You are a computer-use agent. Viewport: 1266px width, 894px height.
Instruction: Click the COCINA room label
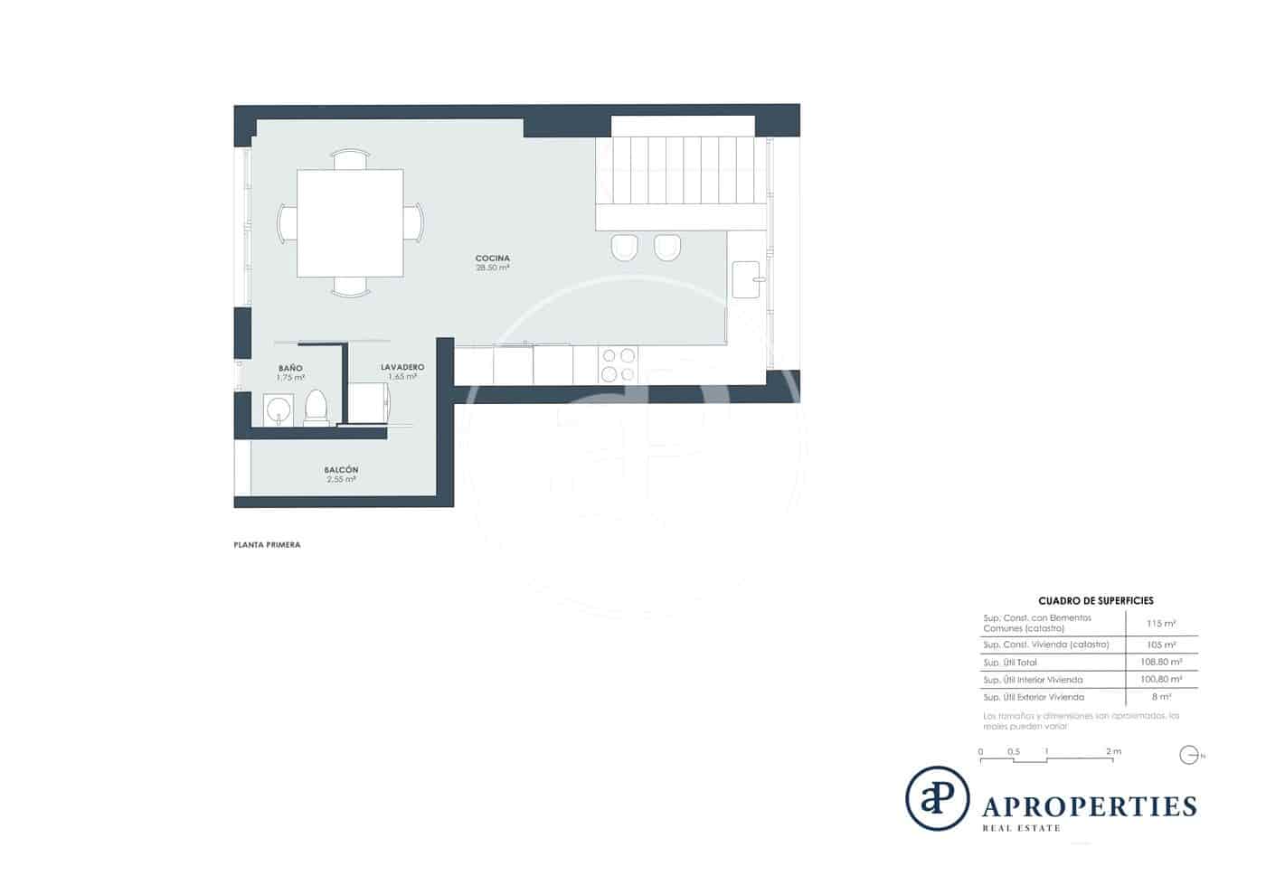[x=492, y=259]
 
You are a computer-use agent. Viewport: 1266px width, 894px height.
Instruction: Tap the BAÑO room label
[x=290, y=369]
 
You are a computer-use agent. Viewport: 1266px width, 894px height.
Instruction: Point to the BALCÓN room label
[x=341, y=470]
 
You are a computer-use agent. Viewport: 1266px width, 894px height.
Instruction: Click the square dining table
[x=350, y=223]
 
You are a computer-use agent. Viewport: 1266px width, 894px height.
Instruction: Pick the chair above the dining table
[x=350, y=159]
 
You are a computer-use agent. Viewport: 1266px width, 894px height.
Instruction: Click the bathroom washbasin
[x=278, y=409]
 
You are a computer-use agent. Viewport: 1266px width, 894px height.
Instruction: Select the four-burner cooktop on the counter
[x=619, y=365]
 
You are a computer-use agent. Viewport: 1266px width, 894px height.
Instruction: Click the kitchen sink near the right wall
[x=746, y=279]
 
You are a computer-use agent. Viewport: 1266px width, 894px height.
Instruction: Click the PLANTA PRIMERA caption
[x=267, y=545]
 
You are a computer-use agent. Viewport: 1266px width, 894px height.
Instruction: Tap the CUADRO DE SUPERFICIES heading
[x=1095, y=600]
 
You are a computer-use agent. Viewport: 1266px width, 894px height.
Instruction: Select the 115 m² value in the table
[x=1160, y=624]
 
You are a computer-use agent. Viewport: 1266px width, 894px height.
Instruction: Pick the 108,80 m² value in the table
[x=1160, y=662]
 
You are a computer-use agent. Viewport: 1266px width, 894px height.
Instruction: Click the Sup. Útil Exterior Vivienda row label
[x=1033, y=697]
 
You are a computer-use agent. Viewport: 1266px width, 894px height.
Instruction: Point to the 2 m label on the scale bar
[x=1113, y=751]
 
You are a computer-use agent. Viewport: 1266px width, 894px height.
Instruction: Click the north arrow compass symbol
[x=1189, y=755]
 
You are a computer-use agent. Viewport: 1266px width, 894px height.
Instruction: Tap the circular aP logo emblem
[x=937, y=798]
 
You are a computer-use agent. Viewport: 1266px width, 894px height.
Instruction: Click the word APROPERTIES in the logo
[x=1090, y=806]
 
